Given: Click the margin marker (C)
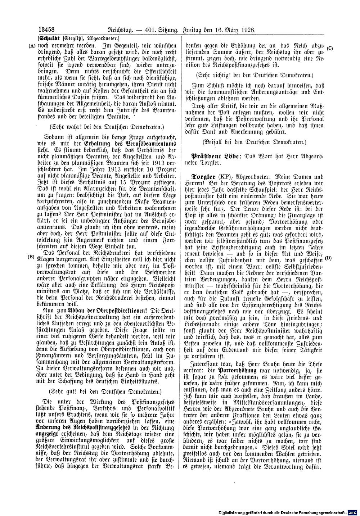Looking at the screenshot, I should tap(330, 49).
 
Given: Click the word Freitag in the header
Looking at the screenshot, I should tap(195, 31).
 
